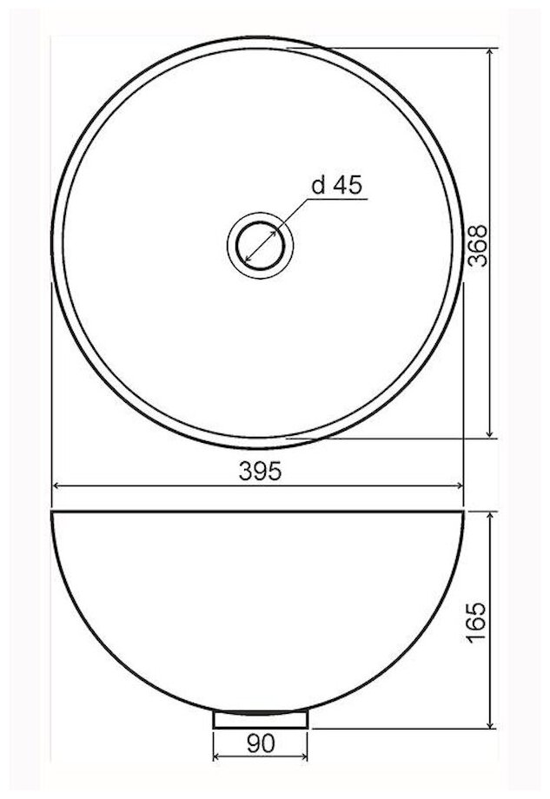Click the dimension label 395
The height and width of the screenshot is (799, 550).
260,472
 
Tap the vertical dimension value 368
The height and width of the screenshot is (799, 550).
478,246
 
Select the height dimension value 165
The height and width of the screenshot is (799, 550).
477,623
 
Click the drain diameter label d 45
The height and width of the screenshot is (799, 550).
337,185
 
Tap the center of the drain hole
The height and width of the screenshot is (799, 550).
261,246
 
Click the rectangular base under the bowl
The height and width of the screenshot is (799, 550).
261,719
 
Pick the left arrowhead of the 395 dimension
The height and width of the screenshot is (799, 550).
57,486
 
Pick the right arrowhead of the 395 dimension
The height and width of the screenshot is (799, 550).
458,486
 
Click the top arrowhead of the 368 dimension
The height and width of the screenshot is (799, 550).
490,54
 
